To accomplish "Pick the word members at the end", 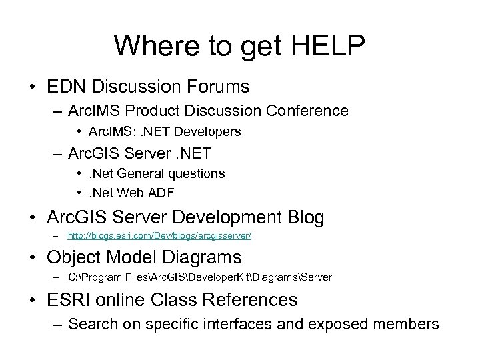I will click(407, 324).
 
